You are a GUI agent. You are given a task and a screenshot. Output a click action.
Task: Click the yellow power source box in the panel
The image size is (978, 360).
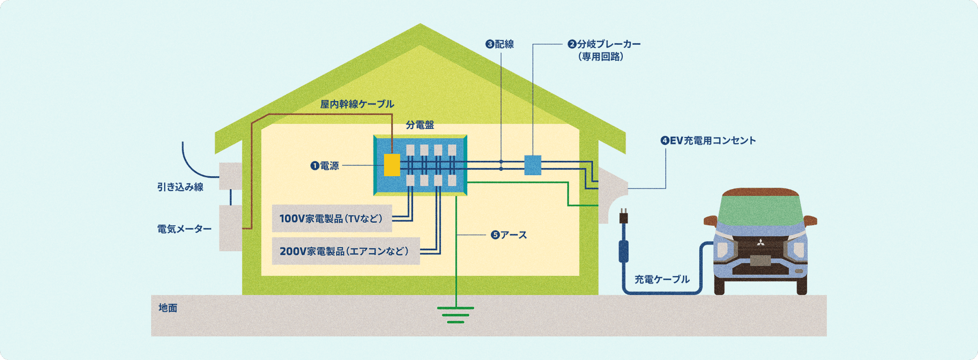coord(392,165)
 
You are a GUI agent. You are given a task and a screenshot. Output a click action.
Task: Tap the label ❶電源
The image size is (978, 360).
coord(325,166)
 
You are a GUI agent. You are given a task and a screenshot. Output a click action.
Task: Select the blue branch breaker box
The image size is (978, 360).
coord(532,165)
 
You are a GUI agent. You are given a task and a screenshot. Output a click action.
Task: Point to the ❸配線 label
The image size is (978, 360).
coord(500,44)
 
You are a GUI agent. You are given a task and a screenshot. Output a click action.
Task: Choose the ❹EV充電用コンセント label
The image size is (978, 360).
coord(708,141)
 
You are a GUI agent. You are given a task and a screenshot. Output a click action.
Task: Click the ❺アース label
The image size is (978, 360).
coord(509,235)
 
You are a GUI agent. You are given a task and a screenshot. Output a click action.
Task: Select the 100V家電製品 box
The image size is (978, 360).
coord(332,219)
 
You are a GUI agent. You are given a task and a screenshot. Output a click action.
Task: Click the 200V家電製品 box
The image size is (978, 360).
coord(345,251)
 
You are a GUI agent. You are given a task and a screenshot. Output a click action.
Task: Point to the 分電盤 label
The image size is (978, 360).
coord(420,125)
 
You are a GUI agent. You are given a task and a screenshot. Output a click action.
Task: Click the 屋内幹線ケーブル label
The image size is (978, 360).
coord(357,104)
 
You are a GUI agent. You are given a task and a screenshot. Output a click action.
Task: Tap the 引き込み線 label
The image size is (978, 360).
coord(180,187)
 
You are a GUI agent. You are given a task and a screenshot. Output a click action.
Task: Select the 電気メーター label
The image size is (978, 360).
coord(184,229)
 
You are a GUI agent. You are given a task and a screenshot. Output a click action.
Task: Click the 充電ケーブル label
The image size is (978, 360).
coord(662,279)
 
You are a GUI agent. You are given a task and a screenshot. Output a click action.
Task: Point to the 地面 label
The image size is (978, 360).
coord(168,308)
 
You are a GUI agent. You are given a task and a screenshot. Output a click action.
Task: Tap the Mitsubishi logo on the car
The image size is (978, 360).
coord(760,243)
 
